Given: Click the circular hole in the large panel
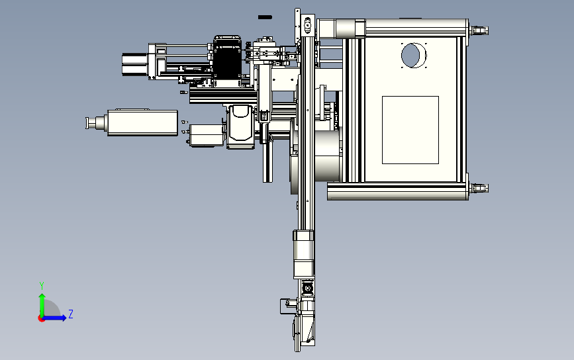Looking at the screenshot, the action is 414,55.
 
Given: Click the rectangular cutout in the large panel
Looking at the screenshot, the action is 410,130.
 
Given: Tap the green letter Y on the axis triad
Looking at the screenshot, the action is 42,285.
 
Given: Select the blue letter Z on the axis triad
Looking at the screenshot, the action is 71,314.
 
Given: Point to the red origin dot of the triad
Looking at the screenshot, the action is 41,319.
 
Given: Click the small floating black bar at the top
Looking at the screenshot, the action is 265,17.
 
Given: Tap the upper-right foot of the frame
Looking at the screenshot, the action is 479,30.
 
